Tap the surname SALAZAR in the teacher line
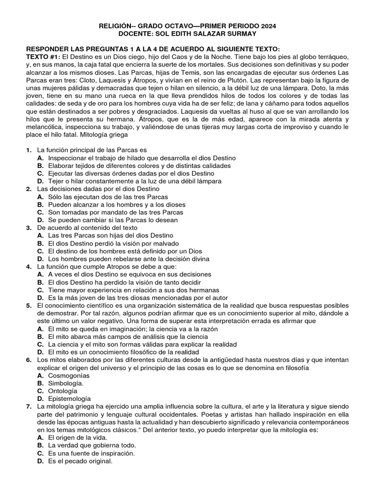pyautogui.click(x=200, y=34)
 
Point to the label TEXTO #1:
pyautogui.click(x=41, y=57)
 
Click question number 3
pyautogui.click(x=29, y=228)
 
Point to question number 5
pyautogui.click(x=29, y=305)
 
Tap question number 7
pyautogui.click(x=29, y=406)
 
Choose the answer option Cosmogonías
pyautogui.click(x=69, y=375)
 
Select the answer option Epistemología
pyautogui.click(x=69, y=399)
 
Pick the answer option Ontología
pyautogui.click(x=62, y=391)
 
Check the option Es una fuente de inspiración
pyautogui.click(x=91, y=453)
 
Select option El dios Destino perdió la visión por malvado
pyautogui.click(x=113, y=243)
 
